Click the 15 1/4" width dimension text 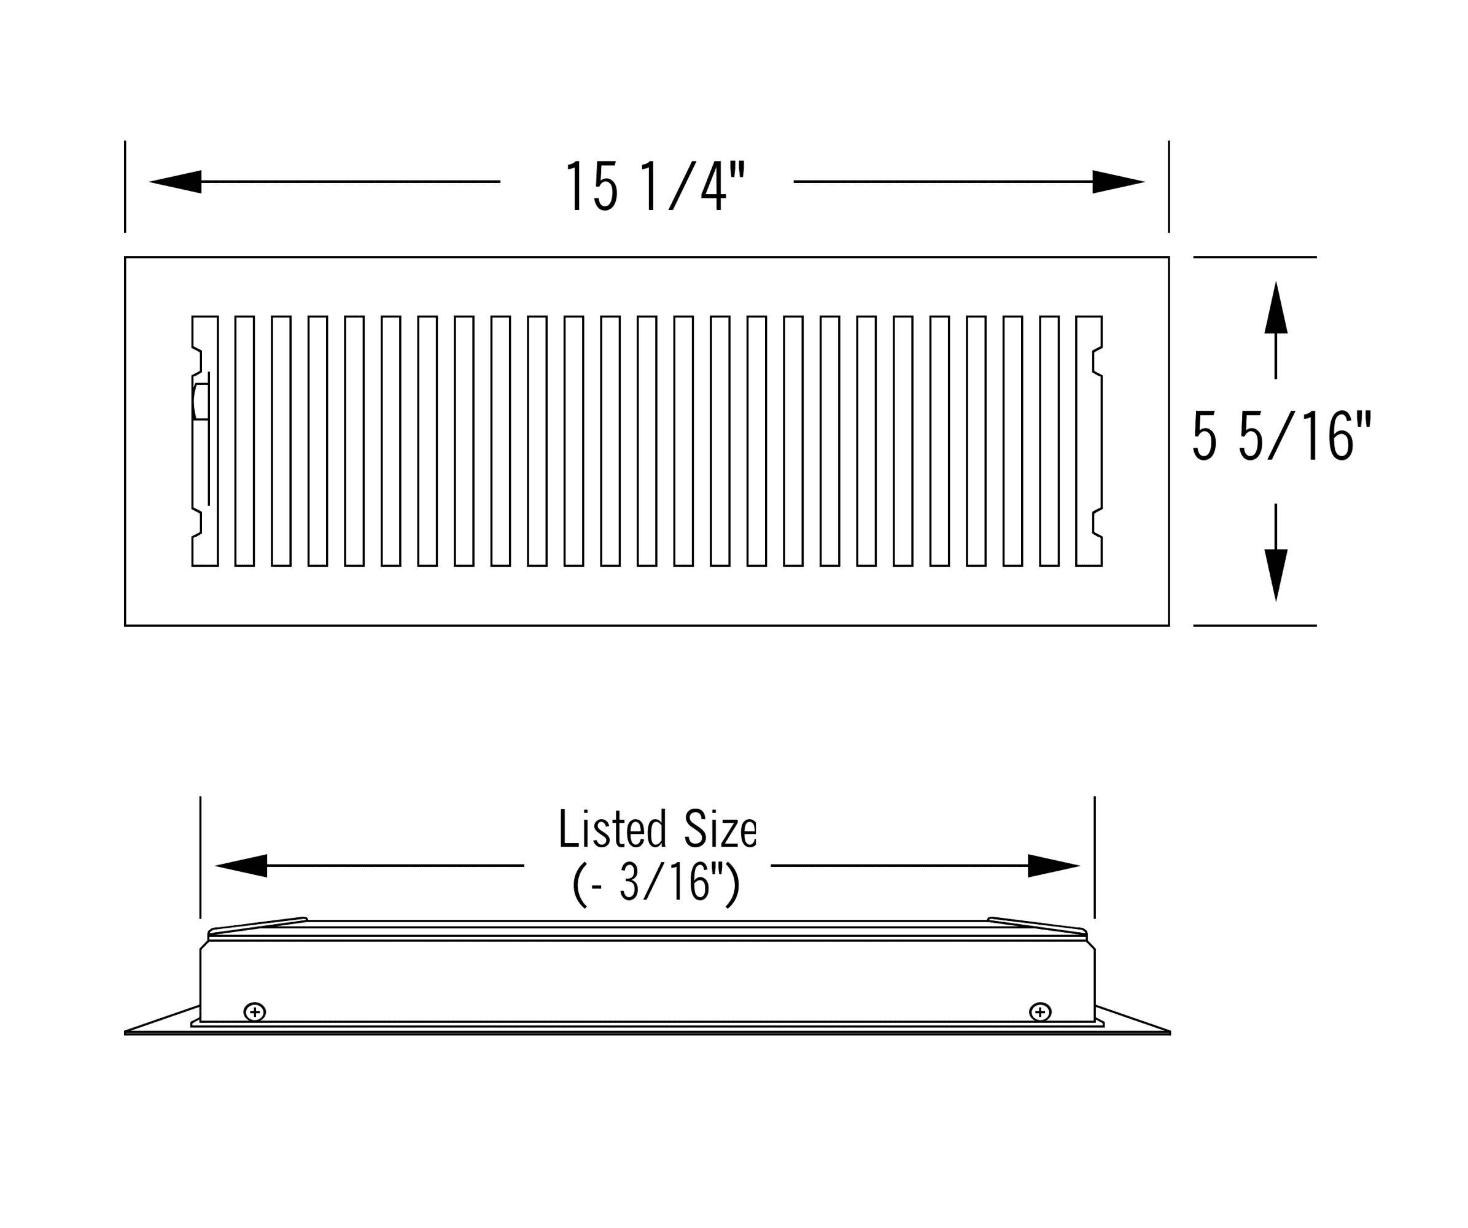tap(655, 186)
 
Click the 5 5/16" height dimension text tap(1282, 435)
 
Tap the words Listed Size tap(657, 829)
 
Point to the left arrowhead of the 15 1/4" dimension tap(176, 182)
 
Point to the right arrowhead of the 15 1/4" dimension tap(1119, 182)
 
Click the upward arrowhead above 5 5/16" tap(1276, 308)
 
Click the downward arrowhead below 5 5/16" tap(1276, 575)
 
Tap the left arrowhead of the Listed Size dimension tap(241, 866)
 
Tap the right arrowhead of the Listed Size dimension tap(1054, 866)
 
